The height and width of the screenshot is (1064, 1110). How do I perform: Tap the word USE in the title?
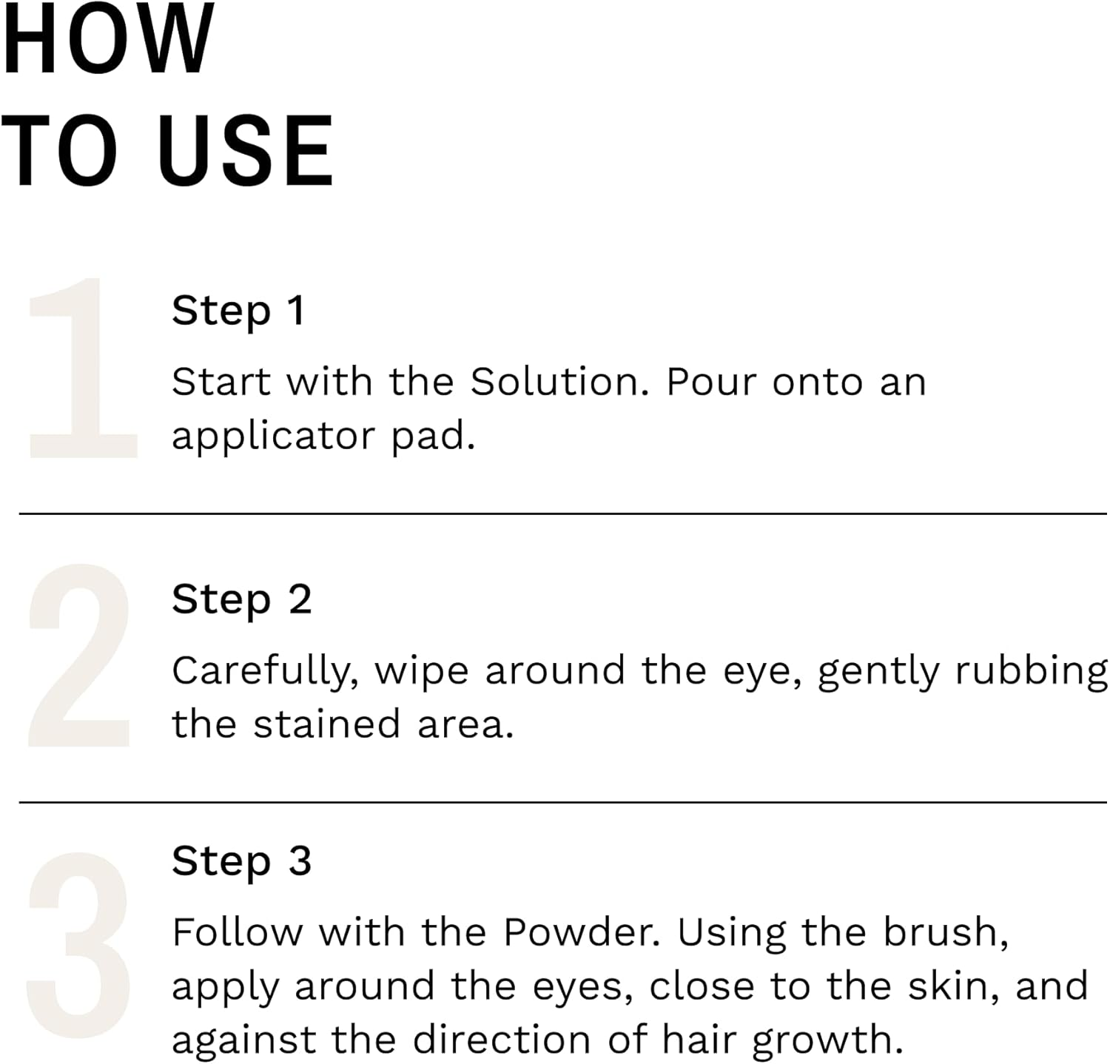[245, 151]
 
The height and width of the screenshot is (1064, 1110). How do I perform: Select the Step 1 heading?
[238, 311]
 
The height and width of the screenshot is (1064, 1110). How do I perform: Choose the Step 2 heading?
[241, 599]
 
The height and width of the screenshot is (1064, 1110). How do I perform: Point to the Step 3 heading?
[241, 861]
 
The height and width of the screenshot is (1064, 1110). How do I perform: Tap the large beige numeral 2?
[80, 656]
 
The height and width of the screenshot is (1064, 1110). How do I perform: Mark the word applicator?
[275, 437]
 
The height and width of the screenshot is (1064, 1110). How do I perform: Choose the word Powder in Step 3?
[582, 932]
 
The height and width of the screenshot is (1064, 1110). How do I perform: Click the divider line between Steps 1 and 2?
[562, 513]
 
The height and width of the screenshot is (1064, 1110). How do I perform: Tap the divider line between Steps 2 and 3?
[562, 801]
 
